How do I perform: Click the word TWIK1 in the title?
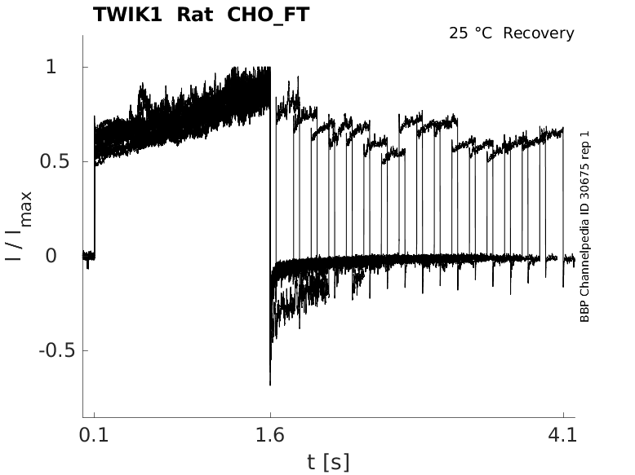(127, 15)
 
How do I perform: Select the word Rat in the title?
(195, 15)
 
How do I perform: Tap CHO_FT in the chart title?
(269, 15)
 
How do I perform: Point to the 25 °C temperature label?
(471, 33)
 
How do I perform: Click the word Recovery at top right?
(539, 33)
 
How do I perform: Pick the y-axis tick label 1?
(51, 67)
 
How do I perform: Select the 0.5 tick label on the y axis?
(55, 161)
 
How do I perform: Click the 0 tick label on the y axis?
(51, 256)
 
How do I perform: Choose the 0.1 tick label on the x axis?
(94, 435)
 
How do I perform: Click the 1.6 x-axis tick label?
(270, 435)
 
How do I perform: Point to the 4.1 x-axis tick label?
(562, 435)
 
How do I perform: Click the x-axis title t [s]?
(328, 462)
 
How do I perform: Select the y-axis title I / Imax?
(18, 226)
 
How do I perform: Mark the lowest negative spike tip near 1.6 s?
(270, 385)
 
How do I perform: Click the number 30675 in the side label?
(584, 180)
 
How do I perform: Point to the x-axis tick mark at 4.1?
(563, 415)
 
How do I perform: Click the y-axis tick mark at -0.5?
(86, 350)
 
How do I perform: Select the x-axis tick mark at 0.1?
(95, 415)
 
